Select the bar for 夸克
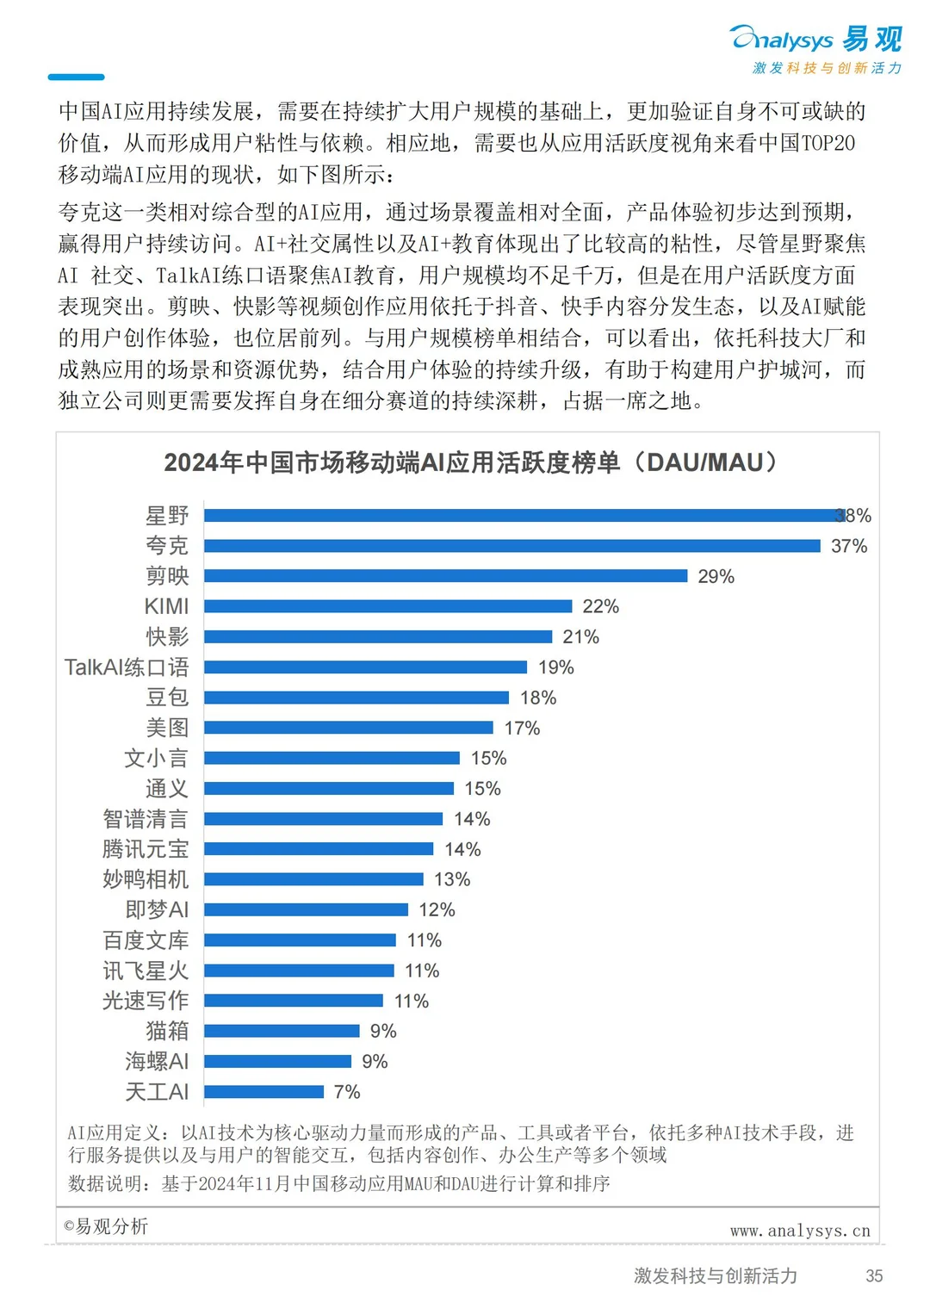512,546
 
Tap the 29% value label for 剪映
716,576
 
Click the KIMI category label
166,606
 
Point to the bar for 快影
378,637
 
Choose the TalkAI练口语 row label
127,667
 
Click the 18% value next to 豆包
538,698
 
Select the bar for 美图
349,728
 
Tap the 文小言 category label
156,759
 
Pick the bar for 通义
329,789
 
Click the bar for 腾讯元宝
319,849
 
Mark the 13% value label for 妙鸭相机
452,879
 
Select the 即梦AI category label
157,910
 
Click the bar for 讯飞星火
299,971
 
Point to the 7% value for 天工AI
347,1092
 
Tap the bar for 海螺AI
277,1062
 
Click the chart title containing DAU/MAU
470,462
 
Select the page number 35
874,1276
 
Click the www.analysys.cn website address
800,1231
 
